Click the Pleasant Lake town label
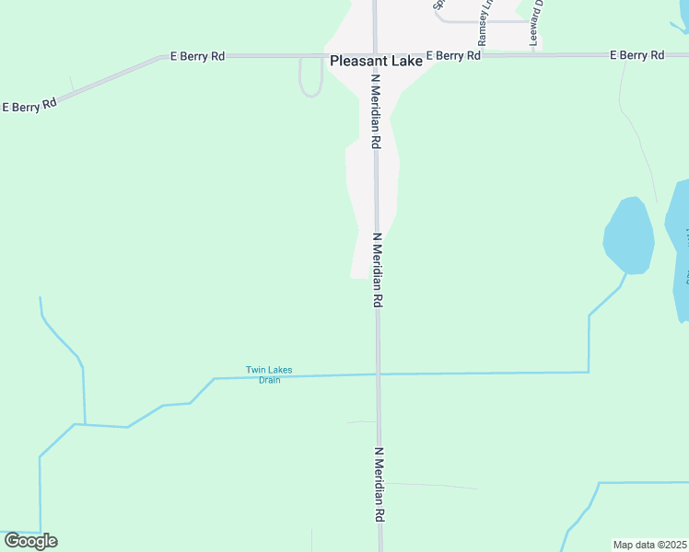coord(376,61)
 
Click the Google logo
coord(30,541)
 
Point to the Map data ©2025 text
coord(650,545)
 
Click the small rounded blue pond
coord(629,236)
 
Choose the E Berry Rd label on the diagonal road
coord(29,105)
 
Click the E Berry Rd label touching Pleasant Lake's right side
coord(453,56)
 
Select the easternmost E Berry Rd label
coord(637,55)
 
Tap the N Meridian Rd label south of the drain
coord(379,485)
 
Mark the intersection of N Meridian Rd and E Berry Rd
coord(376,55)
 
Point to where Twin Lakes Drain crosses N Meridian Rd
coord(378,374)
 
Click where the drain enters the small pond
coord(627,272)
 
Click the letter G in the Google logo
coord(12,541)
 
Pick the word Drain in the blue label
coord(269,380)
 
